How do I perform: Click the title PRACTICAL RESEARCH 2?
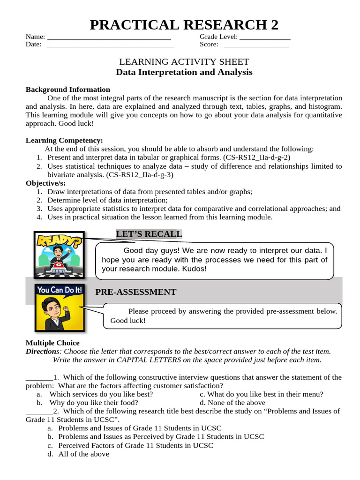click(x=184, y=24)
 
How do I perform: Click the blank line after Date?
click(x=110, y=45)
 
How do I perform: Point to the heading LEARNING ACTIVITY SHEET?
click(x=184, y=62)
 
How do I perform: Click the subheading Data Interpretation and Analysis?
click(x=184, y=72)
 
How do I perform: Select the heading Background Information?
click(x=68, y=90)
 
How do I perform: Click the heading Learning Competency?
click(x=64, y=141)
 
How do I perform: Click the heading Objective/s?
click(x=46, y=183)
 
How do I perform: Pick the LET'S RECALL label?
click(x=149, y=234)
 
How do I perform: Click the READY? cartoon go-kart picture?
click(x=59, y=255)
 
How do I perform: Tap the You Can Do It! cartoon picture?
click(x=59, y=307)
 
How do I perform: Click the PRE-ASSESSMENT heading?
click(x=136, y=292)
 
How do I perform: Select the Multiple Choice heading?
click(x=52, y=343)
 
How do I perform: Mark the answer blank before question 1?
click(x=39, y=377)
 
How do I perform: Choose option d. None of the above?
click(x=232, y=403)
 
